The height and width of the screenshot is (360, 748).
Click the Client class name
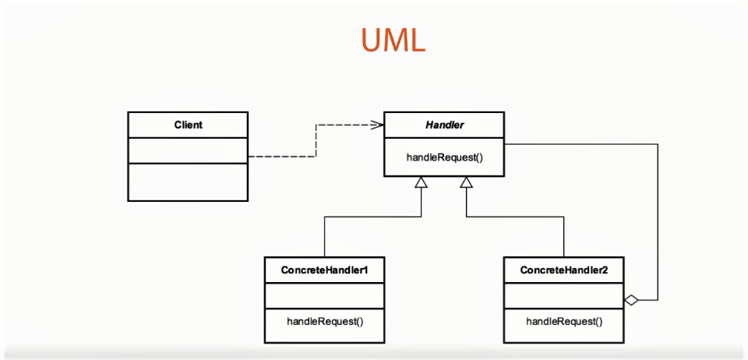click(x=189, y=125)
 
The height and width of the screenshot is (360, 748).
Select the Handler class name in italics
click(x=444, y=125)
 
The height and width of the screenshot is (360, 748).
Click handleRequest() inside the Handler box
click(x=444, y=157)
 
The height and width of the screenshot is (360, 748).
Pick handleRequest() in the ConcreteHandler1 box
click(x=325, y=320)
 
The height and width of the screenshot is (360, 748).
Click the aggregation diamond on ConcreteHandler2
click(x=632, y=299)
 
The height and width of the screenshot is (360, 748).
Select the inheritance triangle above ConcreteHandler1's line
click(x=421, y=182)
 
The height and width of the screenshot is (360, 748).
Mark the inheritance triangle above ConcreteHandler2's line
click(x=466, y=182)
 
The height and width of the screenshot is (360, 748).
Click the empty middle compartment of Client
click(x=189, y=150)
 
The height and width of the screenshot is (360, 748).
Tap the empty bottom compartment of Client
click(x=189, y=182)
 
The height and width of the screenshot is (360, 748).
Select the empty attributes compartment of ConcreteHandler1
click(x=325, y=295)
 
